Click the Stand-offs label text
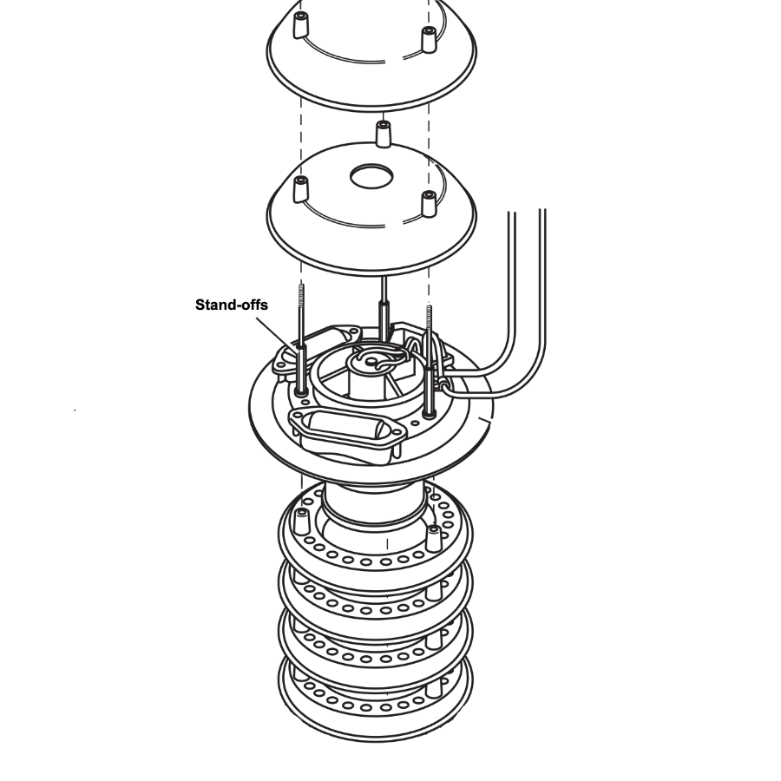point(231,305)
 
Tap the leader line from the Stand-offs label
point(275,333)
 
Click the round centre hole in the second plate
point(371,177)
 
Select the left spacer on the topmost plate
point(300,25)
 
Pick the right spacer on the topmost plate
point(429,39)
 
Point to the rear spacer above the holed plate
point(383,134)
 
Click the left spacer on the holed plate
point(301,189)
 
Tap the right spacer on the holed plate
point(429,204)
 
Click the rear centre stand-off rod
point(384,308)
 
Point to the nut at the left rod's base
point(301,392)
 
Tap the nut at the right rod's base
point(430,413)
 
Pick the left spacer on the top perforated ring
point(302,522)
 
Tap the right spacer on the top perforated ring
point(434,538)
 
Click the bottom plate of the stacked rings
point(376,698)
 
